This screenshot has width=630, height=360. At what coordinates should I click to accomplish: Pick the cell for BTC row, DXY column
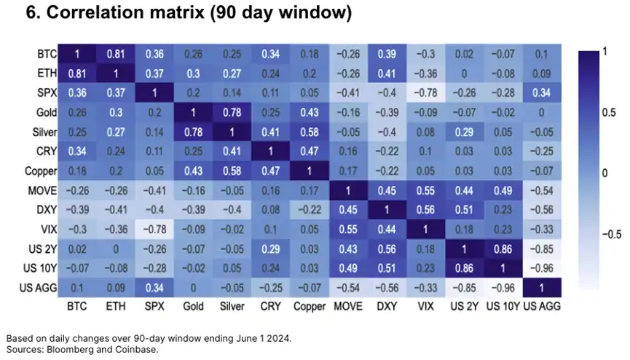point(387,54)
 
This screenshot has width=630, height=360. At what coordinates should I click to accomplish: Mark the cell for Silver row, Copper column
point(311,133)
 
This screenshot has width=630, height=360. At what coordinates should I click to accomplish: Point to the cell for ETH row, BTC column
point(79,74)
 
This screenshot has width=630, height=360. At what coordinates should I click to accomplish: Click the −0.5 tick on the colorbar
point(603,235)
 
